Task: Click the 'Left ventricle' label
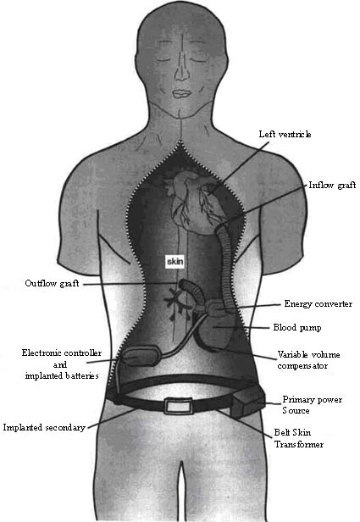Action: (x=285, y=134)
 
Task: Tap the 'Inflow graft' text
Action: (x=332, y=185)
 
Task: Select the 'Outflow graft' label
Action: (x=52, y=283)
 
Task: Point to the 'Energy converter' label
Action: (x=318, y=303)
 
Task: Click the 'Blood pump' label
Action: (x=297, y=328)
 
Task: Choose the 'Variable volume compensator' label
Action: (x=309, y=360)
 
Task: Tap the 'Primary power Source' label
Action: (x=312, y=405)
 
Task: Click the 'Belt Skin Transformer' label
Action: (x=299, y=438)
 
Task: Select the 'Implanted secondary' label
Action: (x=44, y=427)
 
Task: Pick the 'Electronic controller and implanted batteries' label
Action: (x=62, y=364)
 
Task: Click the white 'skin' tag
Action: (x=175, y=262)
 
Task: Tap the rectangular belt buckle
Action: (x=177, y=407)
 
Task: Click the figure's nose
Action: (x=181, y=71)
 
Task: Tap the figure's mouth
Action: (x=181, y=93)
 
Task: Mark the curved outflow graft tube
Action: (x=193, y=291)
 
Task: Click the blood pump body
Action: (x=217, y=330)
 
